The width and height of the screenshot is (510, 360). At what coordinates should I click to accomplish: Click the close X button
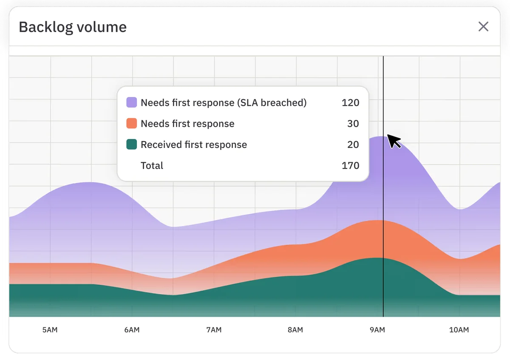coord(483,27)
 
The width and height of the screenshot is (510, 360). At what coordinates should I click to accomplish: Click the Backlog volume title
coord(73,27)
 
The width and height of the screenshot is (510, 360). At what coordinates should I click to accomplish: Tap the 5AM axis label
coord(50,330)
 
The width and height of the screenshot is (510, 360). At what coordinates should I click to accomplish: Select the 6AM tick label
coord(132,330)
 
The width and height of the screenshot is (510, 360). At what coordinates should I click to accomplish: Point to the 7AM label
coord(213,330)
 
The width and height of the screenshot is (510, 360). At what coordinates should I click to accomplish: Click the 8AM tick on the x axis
coord(295,330)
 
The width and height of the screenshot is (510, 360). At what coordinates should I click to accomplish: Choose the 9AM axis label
coord(377,330)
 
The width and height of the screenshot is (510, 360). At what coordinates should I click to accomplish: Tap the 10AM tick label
coord(459,330)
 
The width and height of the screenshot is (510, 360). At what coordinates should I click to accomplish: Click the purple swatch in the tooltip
coord(132,102)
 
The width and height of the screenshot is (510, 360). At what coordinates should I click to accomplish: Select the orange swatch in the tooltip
coord(132,124)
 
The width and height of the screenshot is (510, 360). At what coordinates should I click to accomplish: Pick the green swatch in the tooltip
coord(132,145)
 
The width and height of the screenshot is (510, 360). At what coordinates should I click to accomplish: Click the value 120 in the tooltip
coord(350,102)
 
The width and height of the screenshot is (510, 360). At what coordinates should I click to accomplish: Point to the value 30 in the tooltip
coord(353,124)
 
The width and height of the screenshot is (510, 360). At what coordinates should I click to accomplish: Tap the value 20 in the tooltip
coord(353,145)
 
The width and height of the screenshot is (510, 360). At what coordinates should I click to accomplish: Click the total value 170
coord(350,165)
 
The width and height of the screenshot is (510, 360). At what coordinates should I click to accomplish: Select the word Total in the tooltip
coord(152,165)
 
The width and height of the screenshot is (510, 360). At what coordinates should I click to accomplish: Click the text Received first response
coord(194,145)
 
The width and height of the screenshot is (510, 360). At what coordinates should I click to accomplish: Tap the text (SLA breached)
coord(272,102)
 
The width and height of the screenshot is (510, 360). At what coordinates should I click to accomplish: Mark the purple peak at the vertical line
coord(383,137)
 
